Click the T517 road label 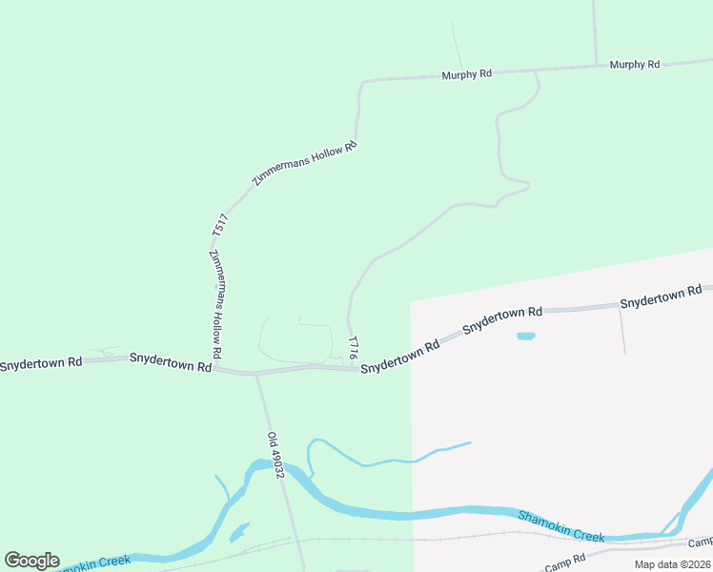[x=220, y=225]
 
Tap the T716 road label [x=354, y=346]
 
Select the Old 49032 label [x=276, y=456]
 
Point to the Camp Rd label [x=566, y=558]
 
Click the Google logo [x=31, y=561]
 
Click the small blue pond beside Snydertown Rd [x=525, y=336]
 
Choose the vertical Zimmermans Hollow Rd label [x=216, y=304]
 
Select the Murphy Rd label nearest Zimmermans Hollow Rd [x=466, y=73]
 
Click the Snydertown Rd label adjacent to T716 [x=399, y=354]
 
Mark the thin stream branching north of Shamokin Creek [x=390, y=460]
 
